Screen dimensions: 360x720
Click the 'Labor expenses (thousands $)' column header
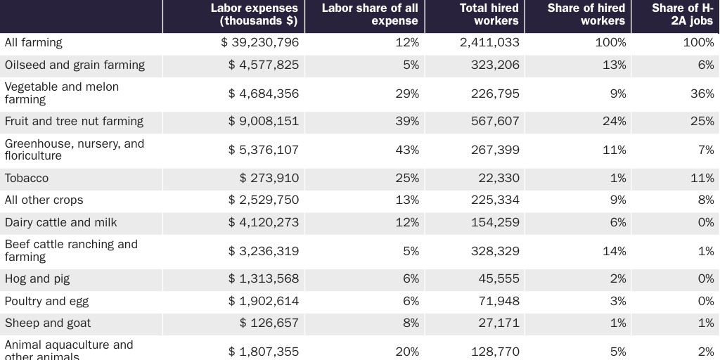tap(254, 15)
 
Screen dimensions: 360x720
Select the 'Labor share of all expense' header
tap(370, 15)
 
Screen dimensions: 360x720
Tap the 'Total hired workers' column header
tap(489, 15)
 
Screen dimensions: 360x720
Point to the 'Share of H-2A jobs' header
tap(682, 15)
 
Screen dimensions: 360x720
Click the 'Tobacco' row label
tap(27, 179)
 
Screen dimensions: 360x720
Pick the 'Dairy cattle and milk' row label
tap(61, 223)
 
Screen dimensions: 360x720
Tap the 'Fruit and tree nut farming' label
tap(74, 122)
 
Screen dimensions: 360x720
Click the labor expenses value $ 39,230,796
tap(260, 43)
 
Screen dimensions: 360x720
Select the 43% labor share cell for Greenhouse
tap(407, 150)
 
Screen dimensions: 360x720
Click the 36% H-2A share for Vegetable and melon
tap(702, 94)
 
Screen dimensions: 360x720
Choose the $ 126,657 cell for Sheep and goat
tap(269, 323)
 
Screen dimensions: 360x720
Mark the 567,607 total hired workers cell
tap(495, 122)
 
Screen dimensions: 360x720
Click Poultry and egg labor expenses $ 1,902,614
tap(264, 302)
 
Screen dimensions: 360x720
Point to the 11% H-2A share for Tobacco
tap(702, 179)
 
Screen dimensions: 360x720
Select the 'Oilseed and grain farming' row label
tap(75, 65)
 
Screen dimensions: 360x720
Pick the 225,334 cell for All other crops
tap(495, 200)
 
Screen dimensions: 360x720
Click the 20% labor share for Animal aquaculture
tap(407, 352)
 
